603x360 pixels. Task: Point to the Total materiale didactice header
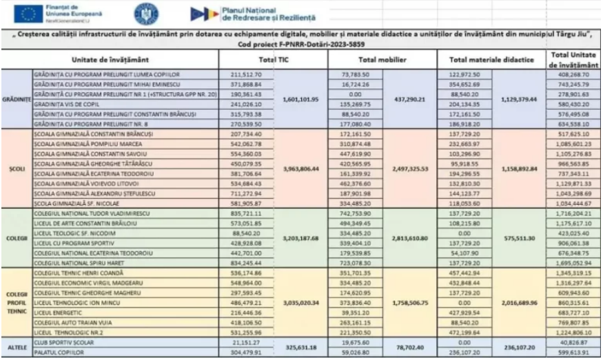tap(491, 60)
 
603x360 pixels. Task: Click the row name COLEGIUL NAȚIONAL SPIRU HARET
tap(83, 263)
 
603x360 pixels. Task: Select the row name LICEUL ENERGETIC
tap(59, 312)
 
